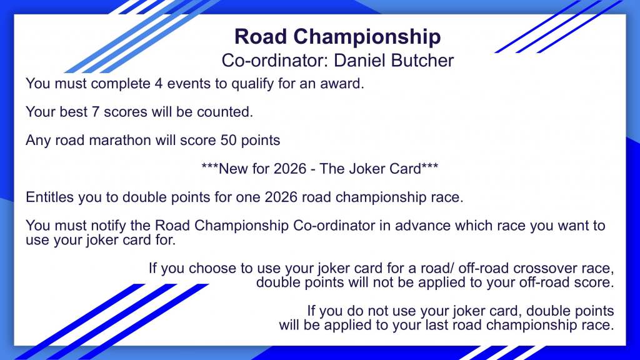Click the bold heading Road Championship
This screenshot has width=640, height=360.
point(337,37)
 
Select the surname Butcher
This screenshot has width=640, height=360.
point(422,61)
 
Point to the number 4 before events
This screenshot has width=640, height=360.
point(158,84)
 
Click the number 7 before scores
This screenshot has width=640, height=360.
point(96,112)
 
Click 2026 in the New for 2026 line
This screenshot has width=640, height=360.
point(290,169)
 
